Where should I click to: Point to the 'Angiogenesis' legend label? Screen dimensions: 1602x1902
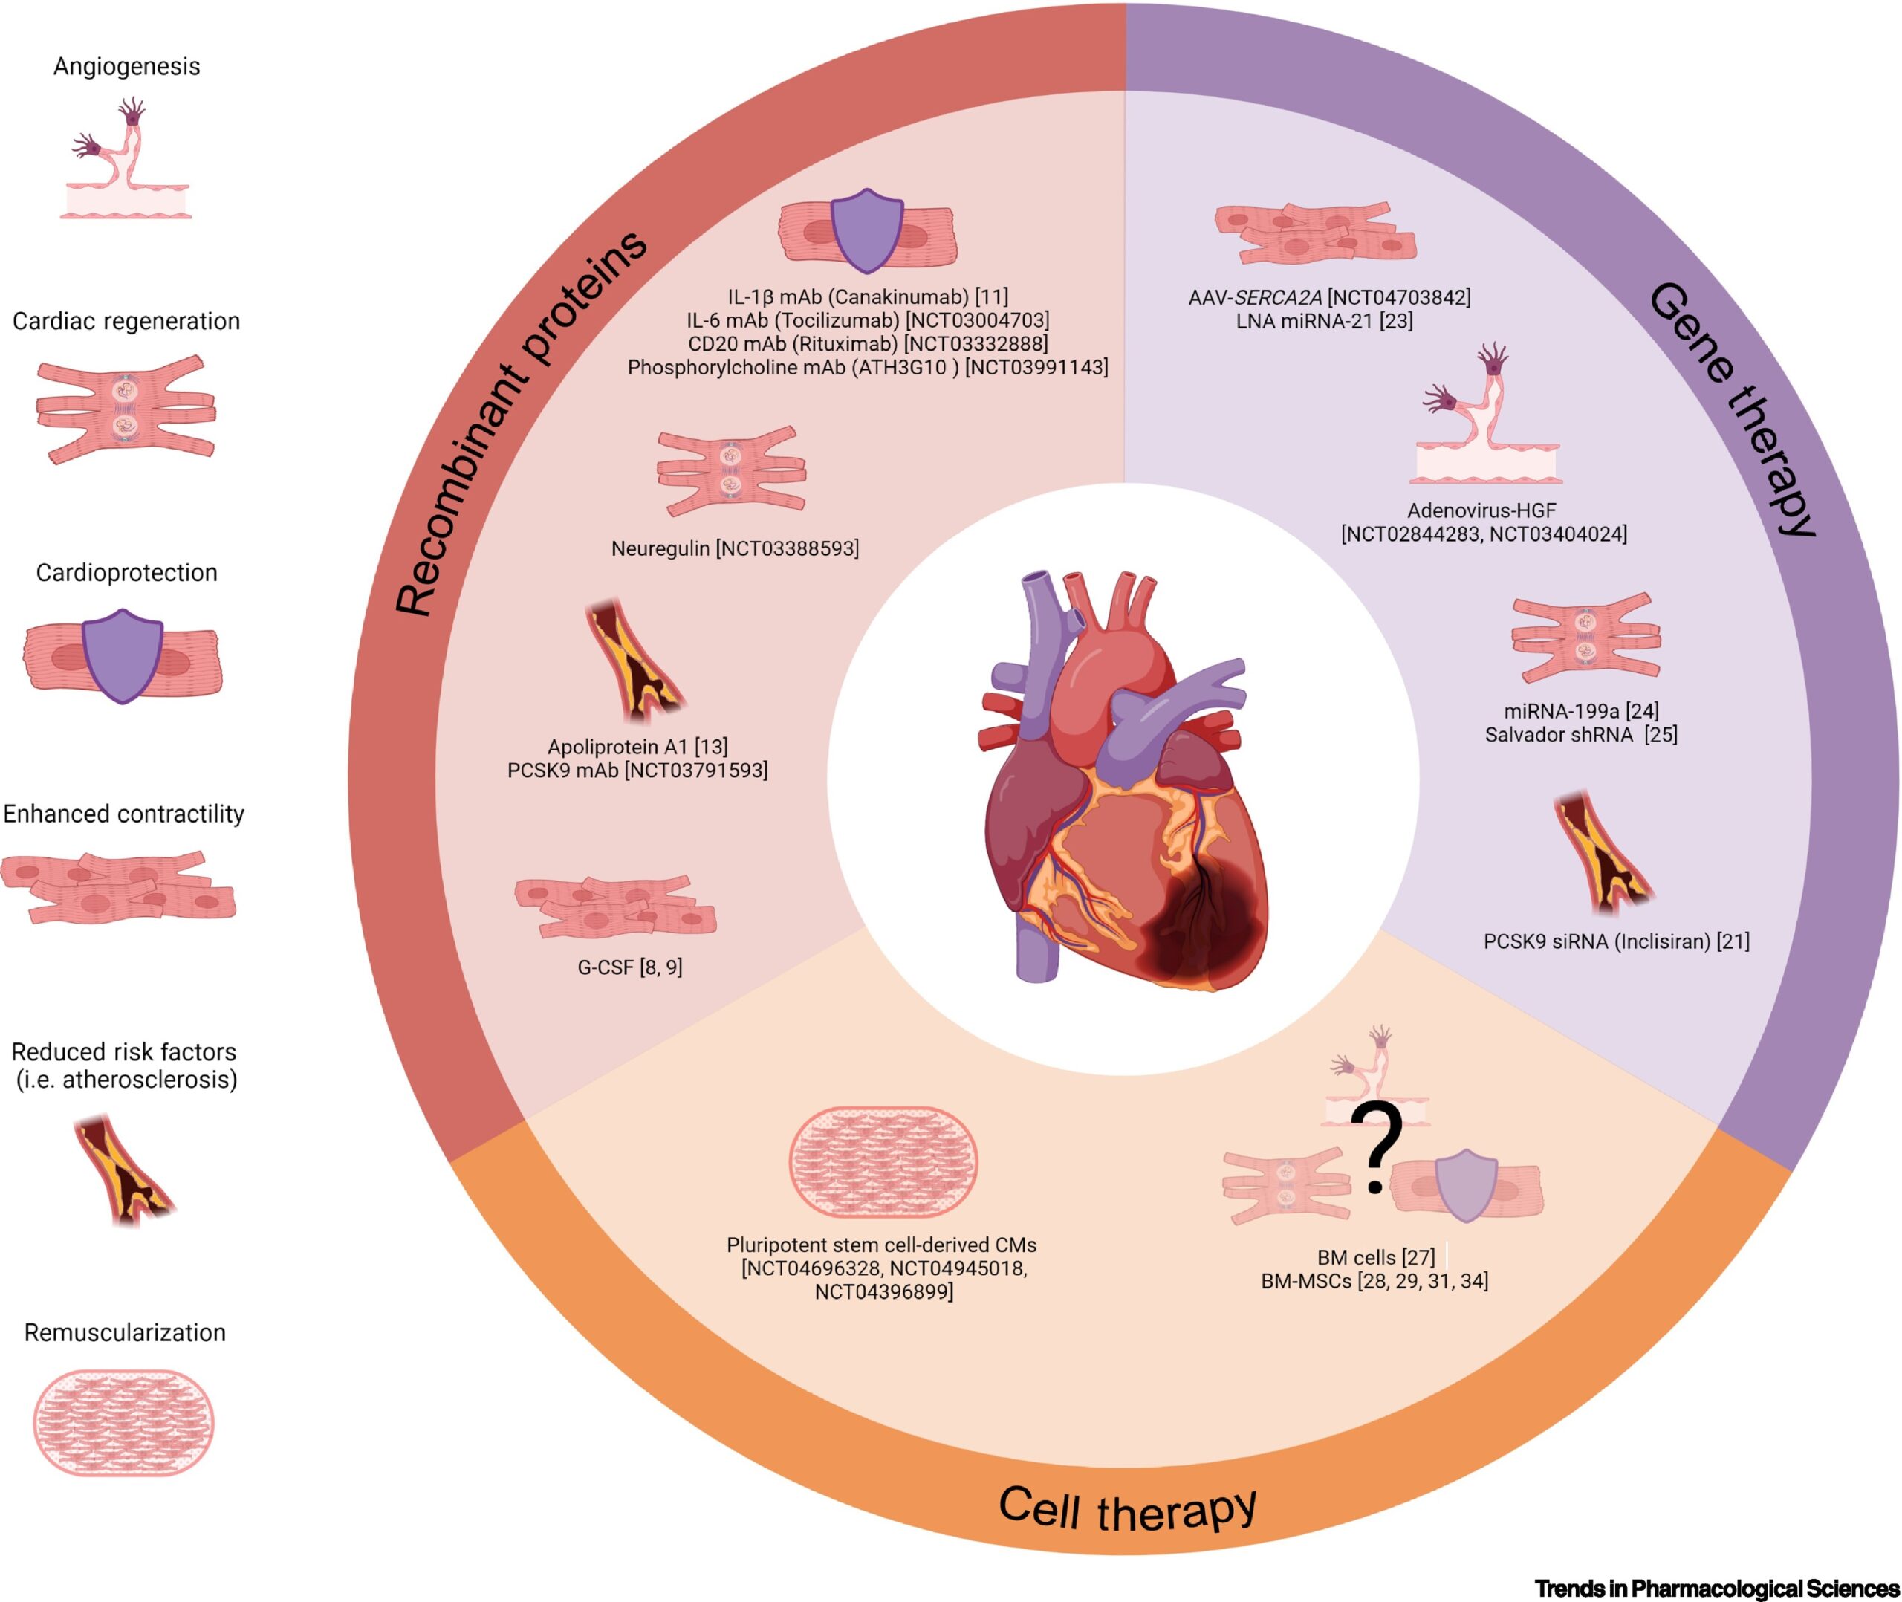pyautogui.click(x=126, y=66)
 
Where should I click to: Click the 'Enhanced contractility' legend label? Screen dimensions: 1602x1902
pyautogui.click(x=124, y=814)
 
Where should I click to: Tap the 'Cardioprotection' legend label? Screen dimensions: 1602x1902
pyautogui.click(x=126, y=573)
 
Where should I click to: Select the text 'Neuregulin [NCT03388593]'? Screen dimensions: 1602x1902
pyautogui.click(x=735, y=548)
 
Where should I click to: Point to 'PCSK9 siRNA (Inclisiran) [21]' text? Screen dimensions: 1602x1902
pyautogui.click(x=1616, y=941)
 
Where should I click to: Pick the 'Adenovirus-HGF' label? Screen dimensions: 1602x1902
pyautogui.click(x=1481, y=510)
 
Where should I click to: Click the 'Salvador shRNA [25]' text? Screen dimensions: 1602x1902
pyautogui.click(x=1580, y=734)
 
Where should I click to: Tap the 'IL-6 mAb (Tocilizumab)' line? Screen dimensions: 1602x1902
pyautogui.click(x=867, y=320)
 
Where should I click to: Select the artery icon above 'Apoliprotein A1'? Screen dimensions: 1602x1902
pyautogui.click(x=635, y=662)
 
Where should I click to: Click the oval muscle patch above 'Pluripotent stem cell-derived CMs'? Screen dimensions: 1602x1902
pyautogui.click(x=883, y=1161)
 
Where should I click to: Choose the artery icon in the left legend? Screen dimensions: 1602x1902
pyautogui.click(x=123, y=1170)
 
